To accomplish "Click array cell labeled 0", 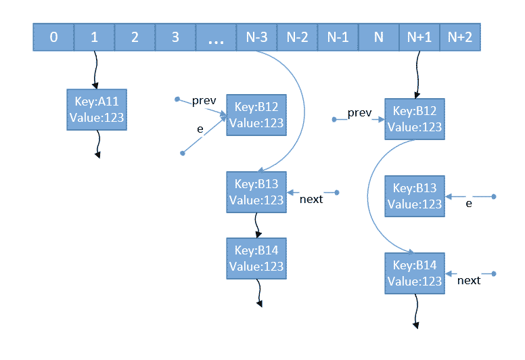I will (53, 37).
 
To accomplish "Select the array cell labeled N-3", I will (256, 37).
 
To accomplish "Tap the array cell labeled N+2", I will (460, 37).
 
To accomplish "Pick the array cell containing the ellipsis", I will (216, 37).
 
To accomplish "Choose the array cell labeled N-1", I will (338, 37).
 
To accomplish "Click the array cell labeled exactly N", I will (378, 37).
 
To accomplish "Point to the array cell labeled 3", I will (175, 37).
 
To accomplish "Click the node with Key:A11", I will (97, 110).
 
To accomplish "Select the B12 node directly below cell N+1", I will (414, 118).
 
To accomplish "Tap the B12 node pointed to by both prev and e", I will (256, 114).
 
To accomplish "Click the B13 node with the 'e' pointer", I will (414, 196).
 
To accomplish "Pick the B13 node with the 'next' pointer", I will (256, 192).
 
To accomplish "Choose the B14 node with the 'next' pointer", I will (414, 273).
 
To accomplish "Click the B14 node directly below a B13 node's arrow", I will (256, 258).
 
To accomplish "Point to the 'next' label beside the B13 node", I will (311, 199).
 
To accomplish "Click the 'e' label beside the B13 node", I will (469, 203).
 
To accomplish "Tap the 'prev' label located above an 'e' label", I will (204, 101).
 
